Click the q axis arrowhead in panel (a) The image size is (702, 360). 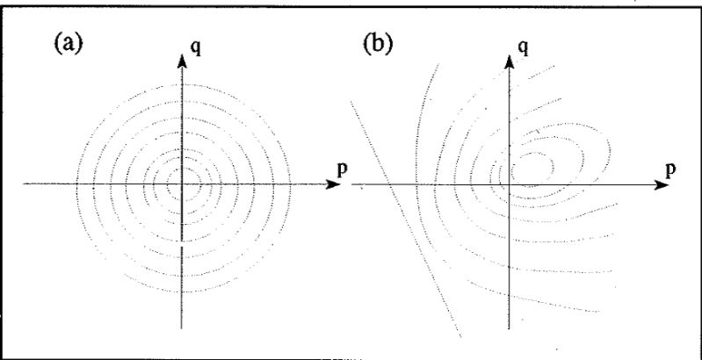tap(182, 60)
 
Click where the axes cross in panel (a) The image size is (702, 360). tap(182, 184)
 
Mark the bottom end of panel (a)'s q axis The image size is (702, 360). tap(182, 329)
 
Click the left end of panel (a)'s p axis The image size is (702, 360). tap(24, 184)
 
